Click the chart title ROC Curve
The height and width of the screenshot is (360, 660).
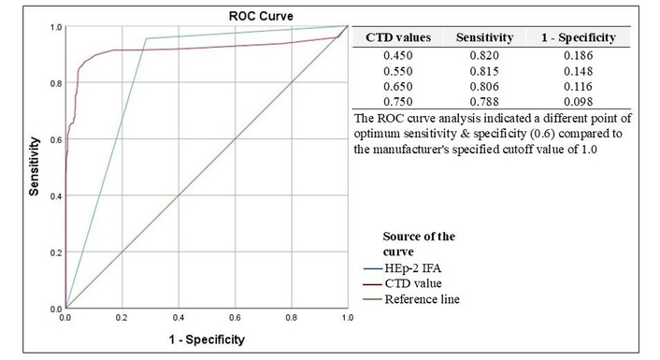coord(261,17)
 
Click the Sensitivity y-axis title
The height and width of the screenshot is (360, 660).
coord(34,166)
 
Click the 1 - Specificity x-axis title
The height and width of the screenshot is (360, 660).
coord(207,339)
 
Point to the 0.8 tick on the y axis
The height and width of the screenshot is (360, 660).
coord(56,83)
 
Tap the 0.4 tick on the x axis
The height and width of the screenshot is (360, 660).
coord(179,318)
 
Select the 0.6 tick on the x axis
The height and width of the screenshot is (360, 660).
coord(235,318)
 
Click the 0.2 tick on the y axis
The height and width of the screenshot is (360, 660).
coord(56,252)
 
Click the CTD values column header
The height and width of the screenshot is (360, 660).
coord(398,37)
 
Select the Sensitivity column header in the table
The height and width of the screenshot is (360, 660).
coord(484,37)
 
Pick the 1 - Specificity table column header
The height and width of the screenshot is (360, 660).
coord(579,37)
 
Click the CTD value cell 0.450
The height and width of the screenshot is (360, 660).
coord(398,55)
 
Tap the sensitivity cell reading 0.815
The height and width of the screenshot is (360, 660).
coord(484,71)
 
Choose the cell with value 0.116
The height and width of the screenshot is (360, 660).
coord(579,86)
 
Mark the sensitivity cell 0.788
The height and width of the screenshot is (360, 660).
coord(484,102)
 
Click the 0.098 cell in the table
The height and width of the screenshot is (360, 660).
coord(579,102)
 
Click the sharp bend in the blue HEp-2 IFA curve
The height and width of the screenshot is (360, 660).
coord(146,38)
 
